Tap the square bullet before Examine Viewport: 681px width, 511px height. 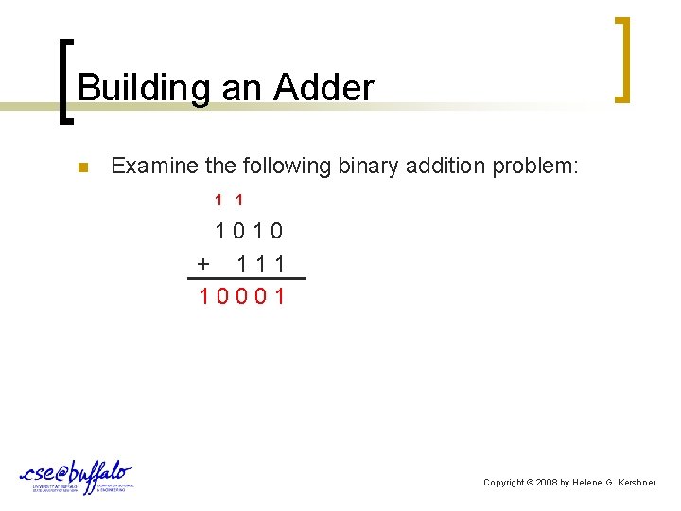pos(82,168)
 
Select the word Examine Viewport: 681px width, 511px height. pos(152,167)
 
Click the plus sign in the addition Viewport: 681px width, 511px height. pos(202,263)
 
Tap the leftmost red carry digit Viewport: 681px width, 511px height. pos(218,201)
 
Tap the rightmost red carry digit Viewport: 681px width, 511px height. pos(239,201)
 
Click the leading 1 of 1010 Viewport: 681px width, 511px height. pos(220,231)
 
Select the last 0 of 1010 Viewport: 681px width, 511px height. pos(276,231)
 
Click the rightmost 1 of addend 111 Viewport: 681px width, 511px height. pos(278,263)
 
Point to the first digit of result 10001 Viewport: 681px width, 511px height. pos(204,296)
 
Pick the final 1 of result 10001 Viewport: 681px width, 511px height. pos(279,296)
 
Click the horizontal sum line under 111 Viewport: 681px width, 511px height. pos(247,279)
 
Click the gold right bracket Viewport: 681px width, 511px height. pos(621,59)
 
